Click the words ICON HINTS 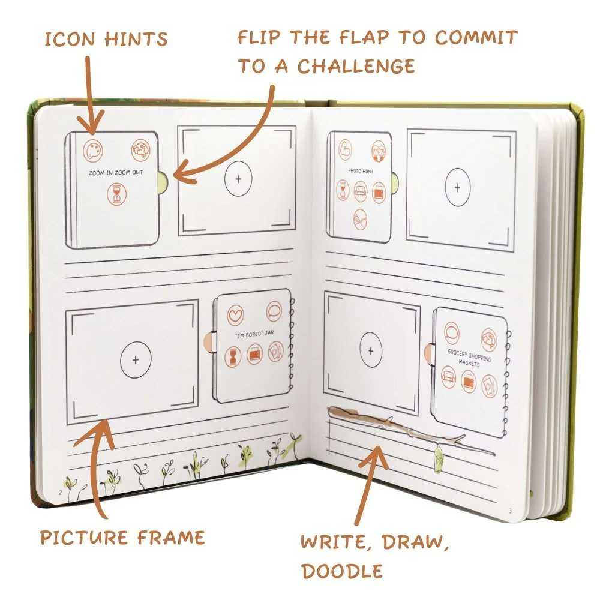(106, 40)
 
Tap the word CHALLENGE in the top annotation (356, 65)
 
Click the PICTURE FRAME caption (122, 536)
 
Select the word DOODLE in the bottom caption (342, 570)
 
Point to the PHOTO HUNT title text (360, 170)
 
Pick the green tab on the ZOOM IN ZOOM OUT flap (161, 178)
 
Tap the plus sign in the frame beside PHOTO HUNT (458, 188)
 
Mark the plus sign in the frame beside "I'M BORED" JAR (136, 359)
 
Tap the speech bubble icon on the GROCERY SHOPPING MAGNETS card (452, 332)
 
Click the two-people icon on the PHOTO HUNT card (377, 148)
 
